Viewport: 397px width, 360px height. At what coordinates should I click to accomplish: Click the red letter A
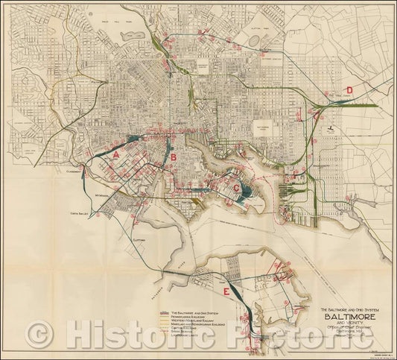click(117, 154)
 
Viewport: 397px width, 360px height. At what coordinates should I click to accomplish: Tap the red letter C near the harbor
click(237, 188)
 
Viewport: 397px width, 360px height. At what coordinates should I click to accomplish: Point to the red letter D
click(349, 91)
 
